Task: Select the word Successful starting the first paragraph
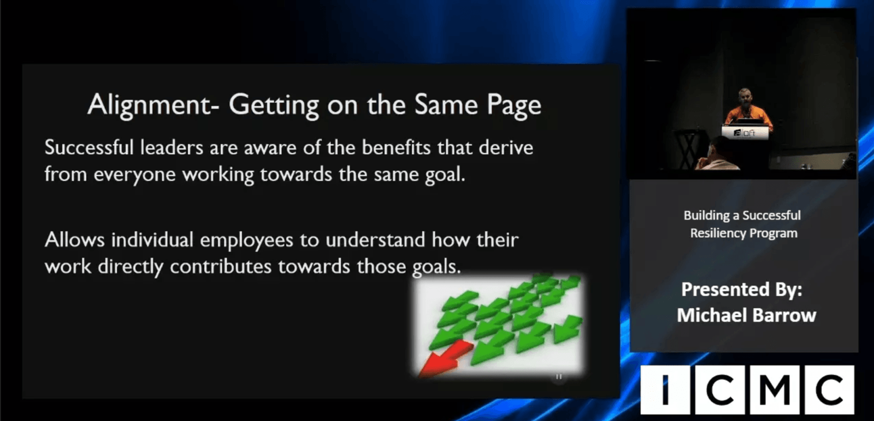pyautogui.click(x=89, y=148)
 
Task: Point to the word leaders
pyautogui.click(x=172, y=148)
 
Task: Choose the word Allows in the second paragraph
pyautogui.click(x=74, y=239)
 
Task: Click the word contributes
pyautogui.click(x=221, y=267)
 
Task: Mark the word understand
pyautogui.click(x=375, y=239)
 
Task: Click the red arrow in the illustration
pyautogui.click(x=446, y=358)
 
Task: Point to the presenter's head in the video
pyautogui.click(x=744, y=98)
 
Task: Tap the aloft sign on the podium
pyautogui.click(x=745, y=133)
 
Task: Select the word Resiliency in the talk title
pyautogui.click(x=718, y=233)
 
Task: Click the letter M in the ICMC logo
pyautogui.click(x=775, y=390)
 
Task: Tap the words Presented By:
pyautogui.click(x=742, y=290)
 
